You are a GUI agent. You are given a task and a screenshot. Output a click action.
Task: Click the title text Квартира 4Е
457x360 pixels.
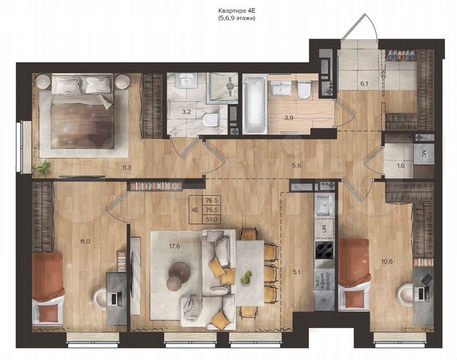point(236,11)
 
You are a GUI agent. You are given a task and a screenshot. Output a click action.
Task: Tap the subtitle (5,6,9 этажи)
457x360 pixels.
point(236,19)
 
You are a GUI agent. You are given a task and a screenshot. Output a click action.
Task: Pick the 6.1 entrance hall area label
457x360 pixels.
point(364,84)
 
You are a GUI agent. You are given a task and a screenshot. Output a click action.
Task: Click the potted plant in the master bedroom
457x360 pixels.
point(45,166)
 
